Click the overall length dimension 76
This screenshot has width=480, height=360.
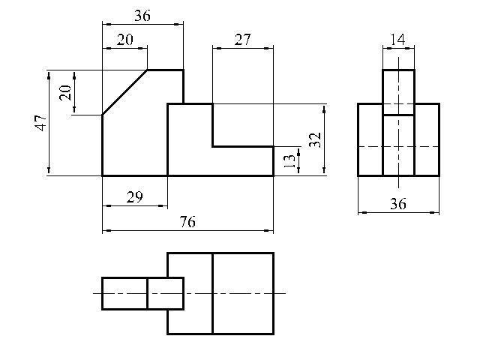[x=187, y=222]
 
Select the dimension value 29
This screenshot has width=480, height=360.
[x=134, y=197]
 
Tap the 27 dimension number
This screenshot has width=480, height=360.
[x=242, y=40]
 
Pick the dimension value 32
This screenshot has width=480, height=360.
[x=315, y=139]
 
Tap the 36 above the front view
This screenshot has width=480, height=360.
[x=142, y=15]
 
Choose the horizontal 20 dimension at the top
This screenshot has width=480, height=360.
[x=124, y=40]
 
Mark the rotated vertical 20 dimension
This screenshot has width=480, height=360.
[x=65, y=92]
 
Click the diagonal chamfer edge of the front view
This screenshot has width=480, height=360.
[x=124, y=92]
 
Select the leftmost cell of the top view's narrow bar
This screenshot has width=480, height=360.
[x=124, y=293]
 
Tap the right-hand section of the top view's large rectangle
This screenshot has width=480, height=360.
[x=243, y=293]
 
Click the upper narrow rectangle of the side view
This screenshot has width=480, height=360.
[x=398, y=91]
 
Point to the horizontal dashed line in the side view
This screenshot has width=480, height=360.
[x=371, y=147]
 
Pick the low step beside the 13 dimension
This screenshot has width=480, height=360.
[x=243, y=161]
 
